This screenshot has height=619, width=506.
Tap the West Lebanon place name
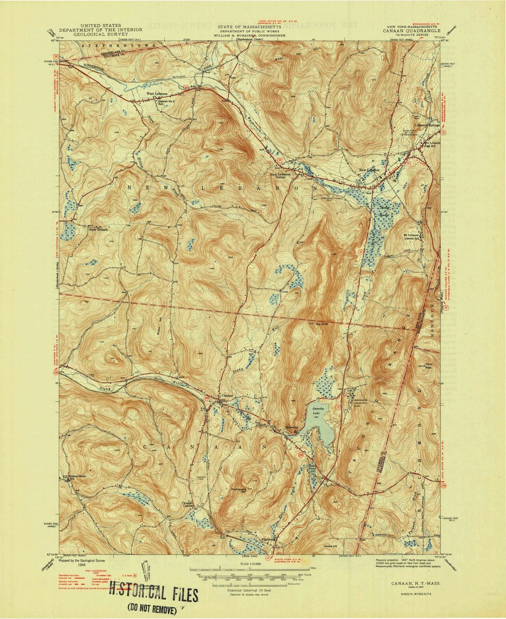click(156, 94)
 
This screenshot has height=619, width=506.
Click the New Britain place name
click(98, 229)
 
